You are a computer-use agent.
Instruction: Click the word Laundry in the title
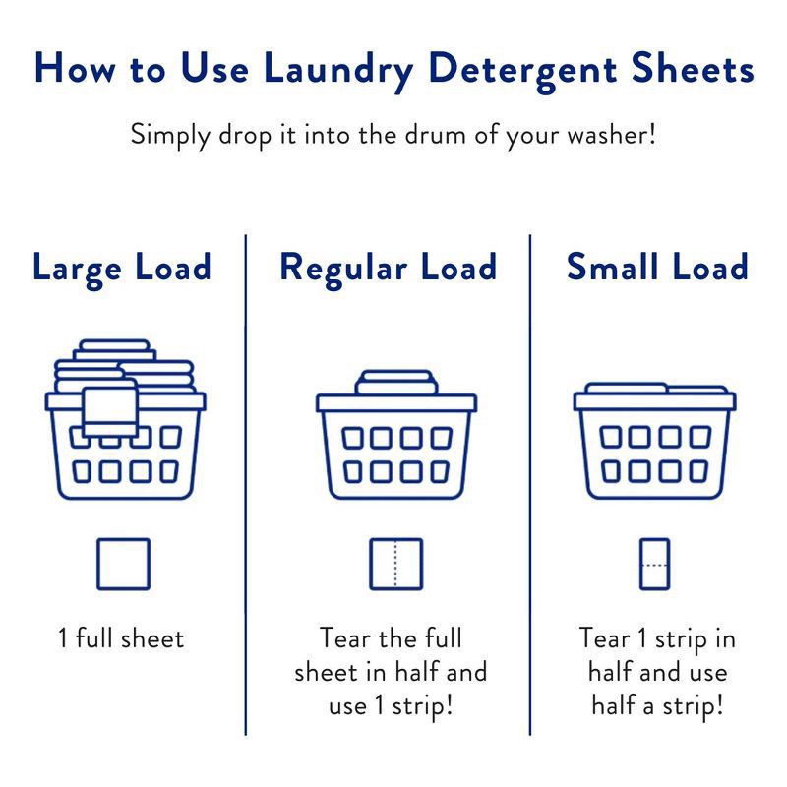(x=338, y=70)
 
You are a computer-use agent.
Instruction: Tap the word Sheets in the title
(x=693, y=68)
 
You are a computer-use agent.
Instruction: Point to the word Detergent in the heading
(x=522, y=70)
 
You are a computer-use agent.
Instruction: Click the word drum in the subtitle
(x=436, y=135)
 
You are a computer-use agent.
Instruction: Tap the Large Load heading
(x=121, y=269)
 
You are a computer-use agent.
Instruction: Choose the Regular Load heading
(x=388, y=269)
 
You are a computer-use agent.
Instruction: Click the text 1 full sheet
(x=121, y=638)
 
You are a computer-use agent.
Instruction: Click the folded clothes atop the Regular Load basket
(x=396, y=383)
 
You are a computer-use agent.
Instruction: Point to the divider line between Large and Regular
(x=245, y=485)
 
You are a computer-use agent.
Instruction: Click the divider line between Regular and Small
(x=530, y=485)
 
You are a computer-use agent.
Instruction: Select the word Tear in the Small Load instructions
(x=604, y=637)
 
